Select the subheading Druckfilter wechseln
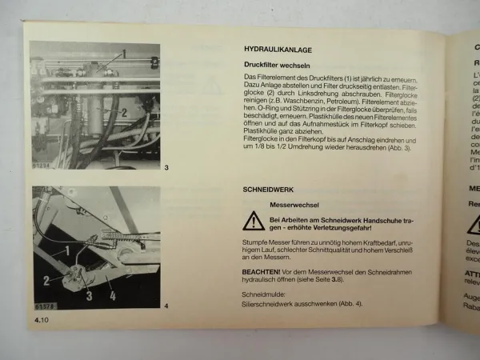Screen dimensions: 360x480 [x=278, y=64]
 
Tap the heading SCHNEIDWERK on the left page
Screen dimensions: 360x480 [x=269, y=192]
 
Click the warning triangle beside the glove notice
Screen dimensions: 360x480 [x=254, y=221]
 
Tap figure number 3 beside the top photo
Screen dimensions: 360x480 [x=166, y=168]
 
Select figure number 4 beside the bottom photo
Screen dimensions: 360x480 [x=166, y=306]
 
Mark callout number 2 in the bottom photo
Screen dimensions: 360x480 [x=46, y=280]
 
